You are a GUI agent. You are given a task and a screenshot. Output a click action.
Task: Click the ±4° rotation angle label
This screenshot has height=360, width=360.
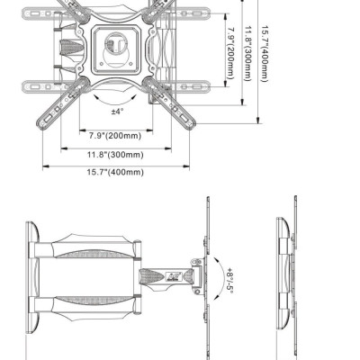[117, 112]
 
